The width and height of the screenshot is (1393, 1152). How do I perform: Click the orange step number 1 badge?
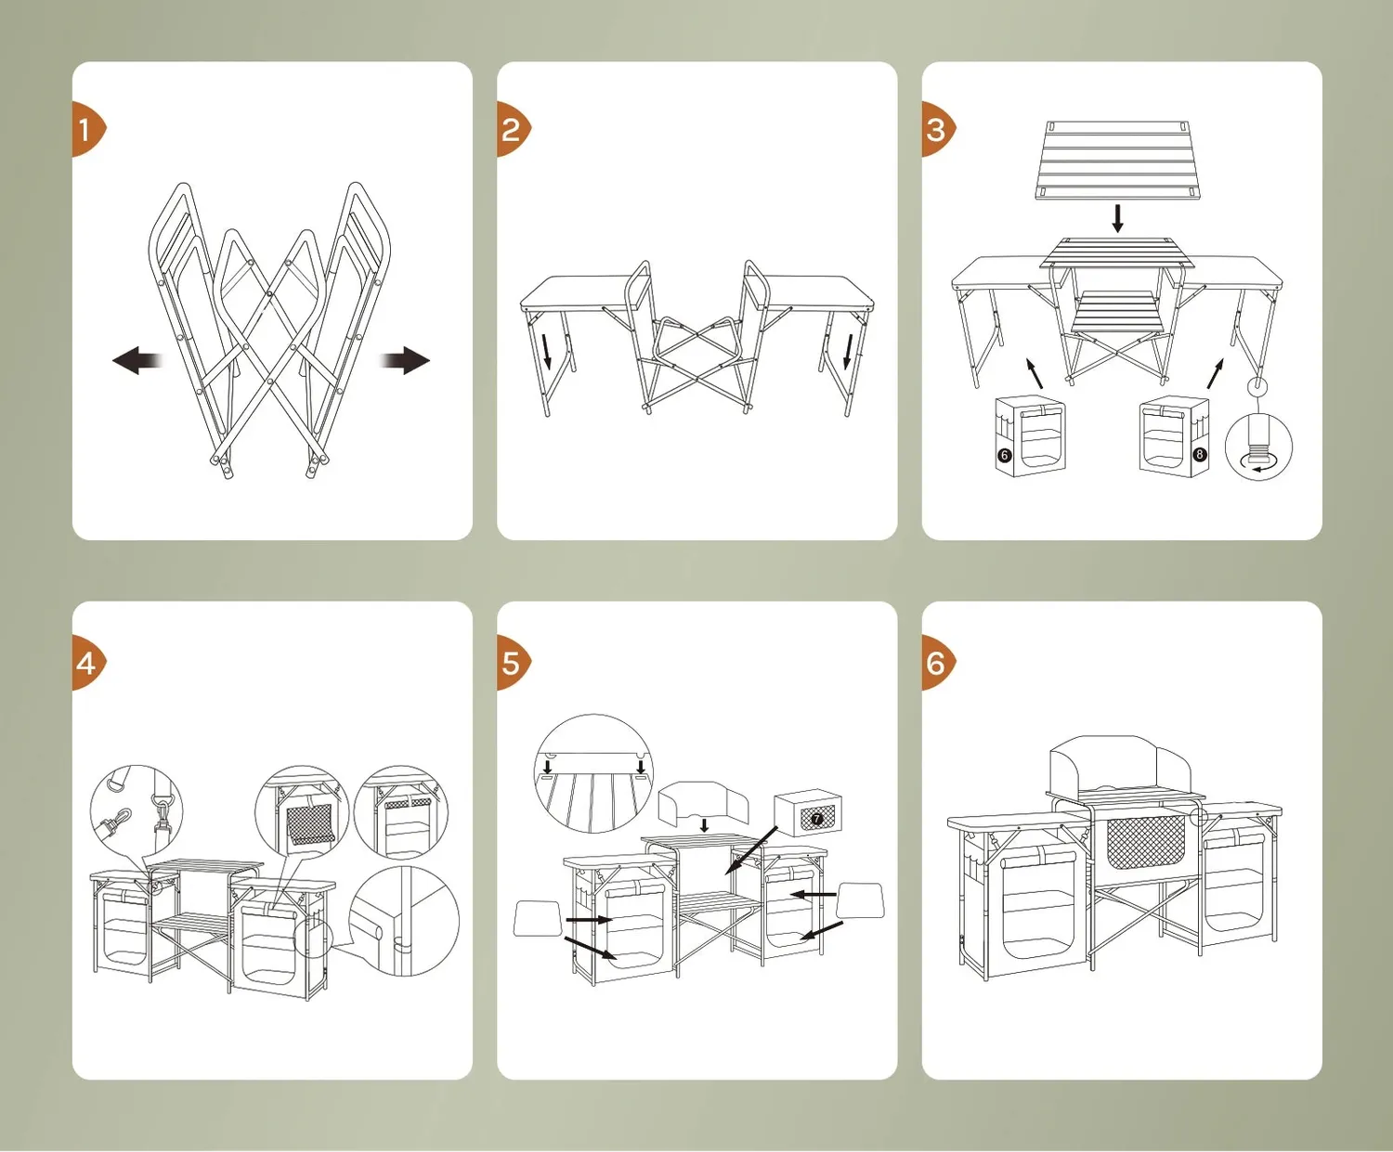(87, 129)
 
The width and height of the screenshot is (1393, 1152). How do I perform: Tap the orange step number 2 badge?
(513, 129)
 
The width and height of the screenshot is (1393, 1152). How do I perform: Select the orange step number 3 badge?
(937, 129)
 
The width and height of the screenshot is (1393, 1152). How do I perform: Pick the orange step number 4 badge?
(87, 663)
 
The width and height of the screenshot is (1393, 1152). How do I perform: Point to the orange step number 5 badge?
(513, 663)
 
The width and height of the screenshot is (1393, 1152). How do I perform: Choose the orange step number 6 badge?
(937, 663)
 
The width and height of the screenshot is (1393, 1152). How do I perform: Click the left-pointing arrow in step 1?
(137, 360)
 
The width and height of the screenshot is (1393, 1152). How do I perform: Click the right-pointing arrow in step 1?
(405, 360)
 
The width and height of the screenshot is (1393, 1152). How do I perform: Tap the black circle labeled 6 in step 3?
(1005, 456)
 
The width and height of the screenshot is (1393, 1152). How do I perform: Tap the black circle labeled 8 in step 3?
(1200, 454)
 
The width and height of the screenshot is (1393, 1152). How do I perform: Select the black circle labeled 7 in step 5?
(816, 818)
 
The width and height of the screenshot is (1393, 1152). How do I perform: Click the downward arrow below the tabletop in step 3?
(1117, 218)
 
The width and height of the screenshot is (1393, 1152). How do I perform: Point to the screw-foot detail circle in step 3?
(1259, 447)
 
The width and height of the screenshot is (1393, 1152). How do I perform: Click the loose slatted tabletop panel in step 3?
(1117, 160)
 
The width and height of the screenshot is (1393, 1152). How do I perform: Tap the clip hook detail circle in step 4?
(137, 810)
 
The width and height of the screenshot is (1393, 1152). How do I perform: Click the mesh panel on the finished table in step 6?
(1145, 843)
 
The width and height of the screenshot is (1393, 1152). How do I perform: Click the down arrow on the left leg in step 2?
(547, 351)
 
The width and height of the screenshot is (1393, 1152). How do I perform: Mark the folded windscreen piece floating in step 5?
(703, 803)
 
